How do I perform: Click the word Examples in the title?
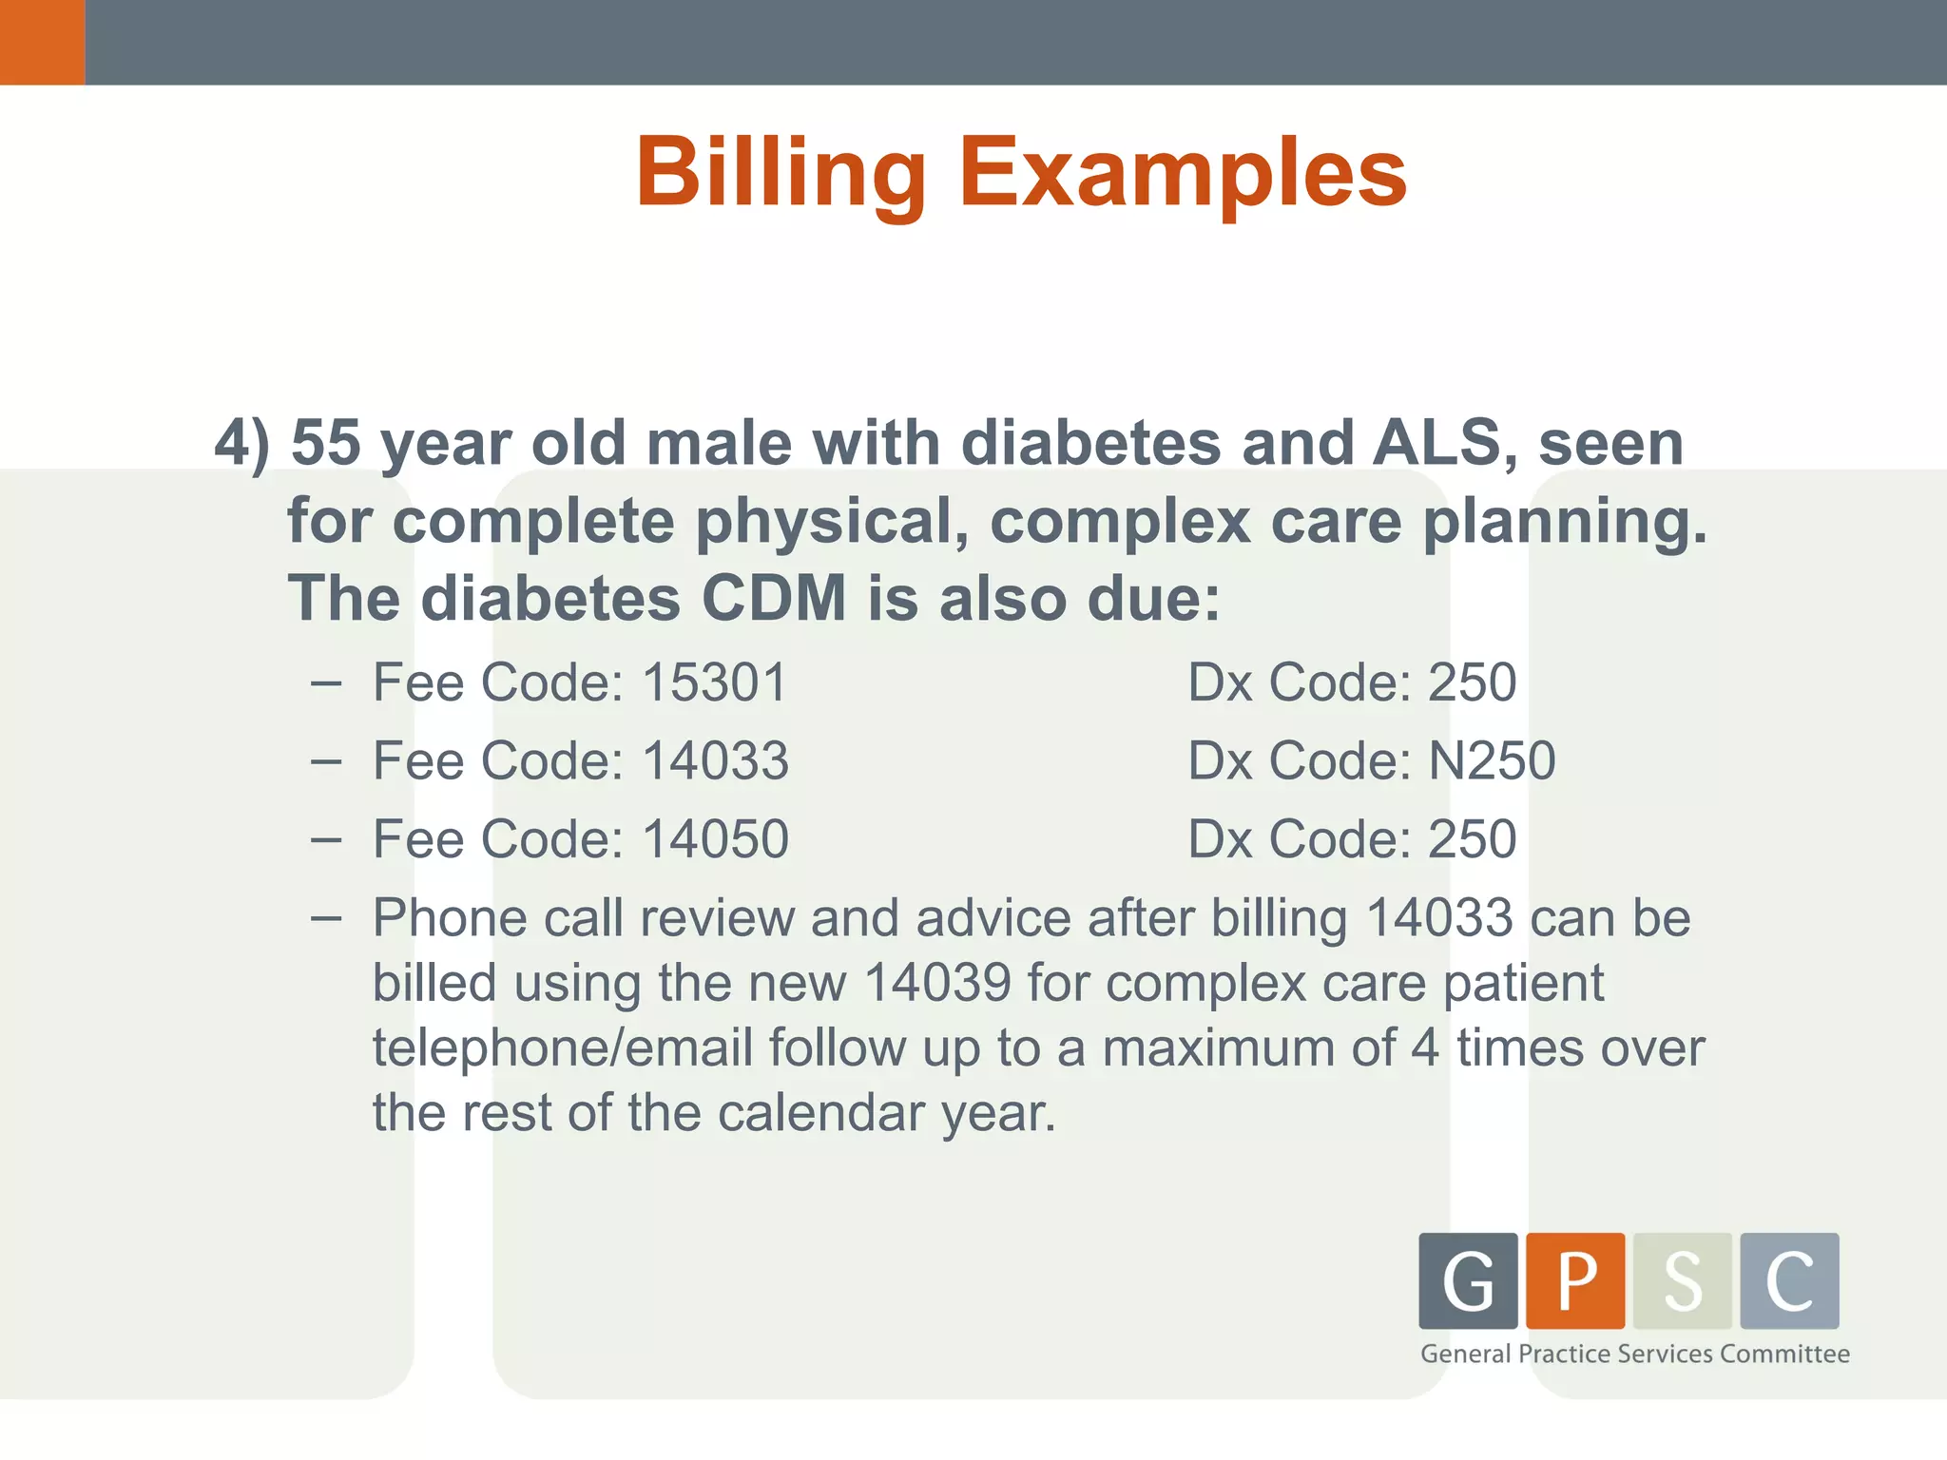[1183, 173]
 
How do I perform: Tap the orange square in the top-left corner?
[42, 42]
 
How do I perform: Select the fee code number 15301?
[715, 682]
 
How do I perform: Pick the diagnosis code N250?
[1493, 761]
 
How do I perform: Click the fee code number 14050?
[715, 839]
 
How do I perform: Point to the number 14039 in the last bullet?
[937, 983]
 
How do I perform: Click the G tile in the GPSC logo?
[1468, 1280]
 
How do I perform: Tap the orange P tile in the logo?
[1575, 1280]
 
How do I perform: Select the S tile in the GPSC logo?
[1683, 1280]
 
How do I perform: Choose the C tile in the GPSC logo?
[1789, 1280]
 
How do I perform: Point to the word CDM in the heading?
[774, 599]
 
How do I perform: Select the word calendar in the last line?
[820, 1113]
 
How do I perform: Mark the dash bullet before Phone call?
[326, 918]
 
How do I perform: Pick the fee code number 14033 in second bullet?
[715, 761]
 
